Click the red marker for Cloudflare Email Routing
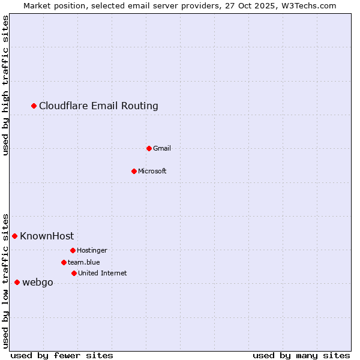point(34,106)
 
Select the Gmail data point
point(149,148)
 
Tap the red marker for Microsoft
point(134,171)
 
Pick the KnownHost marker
point(15,236)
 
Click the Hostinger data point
point(73,250)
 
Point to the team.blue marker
point(64,262)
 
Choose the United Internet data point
point(74,273)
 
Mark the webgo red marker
point(17,283)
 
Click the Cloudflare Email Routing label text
point(98,106)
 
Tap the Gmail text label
point(162,148)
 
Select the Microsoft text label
point(152,171)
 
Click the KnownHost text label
point(47,236)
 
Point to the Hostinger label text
point(92,250)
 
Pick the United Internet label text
point(102,273)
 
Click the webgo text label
point(38,283)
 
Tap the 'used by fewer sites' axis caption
point(62,355)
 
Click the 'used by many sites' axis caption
point(301,355)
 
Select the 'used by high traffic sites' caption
point(6,85)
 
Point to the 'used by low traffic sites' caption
point(6,280)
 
